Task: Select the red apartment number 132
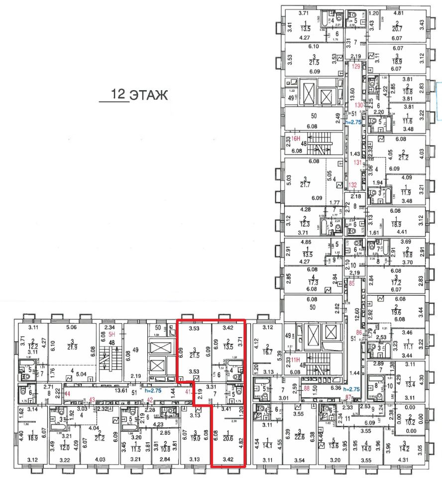pos(353,185)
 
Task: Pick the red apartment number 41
pos(188,391)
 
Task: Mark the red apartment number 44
pos(68,394)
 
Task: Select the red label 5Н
pos(112,335)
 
